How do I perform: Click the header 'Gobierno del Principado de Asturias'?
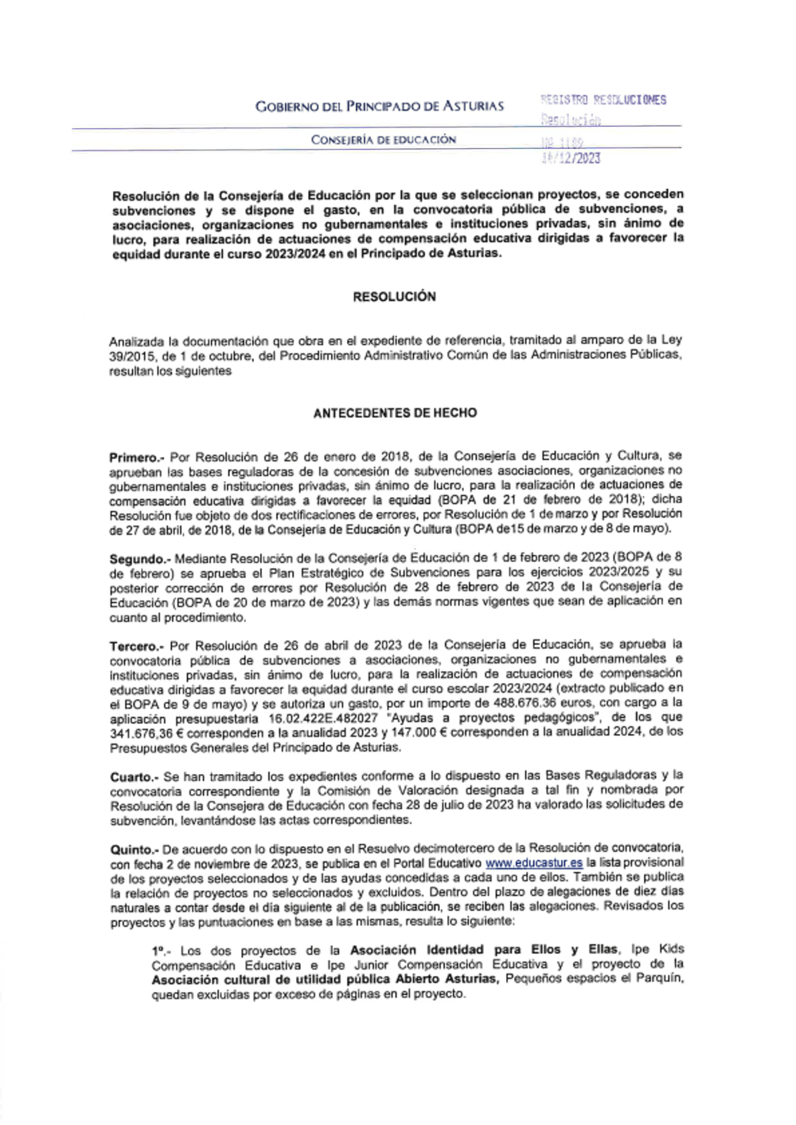tap(379, 106)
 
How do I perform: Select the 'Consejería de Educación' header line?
tap(383, 140)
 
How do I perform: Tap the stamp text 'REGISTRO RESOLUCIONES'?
tap(603, 100)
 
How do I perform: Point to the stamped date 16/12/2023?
tap(570, 158)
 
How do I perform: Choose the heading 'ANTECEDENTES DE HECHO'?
tap(395, 413)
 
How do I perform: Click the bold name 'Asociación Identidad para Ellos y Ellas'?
tap(483, 950)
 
